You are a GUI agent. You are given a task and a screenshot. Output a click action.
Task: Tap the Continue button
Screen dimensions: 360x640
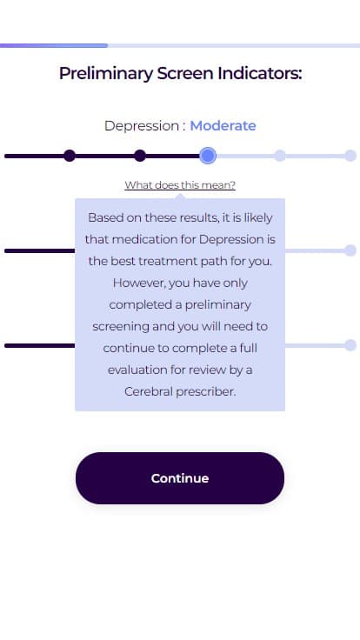point(180,478)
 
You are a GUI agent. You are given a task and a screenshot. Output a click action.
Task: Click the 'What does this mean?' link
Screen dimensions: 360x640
point(180,185)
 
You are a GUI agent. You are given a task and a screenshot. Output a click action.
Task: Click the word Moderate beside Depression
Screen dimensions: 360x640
point(223,126)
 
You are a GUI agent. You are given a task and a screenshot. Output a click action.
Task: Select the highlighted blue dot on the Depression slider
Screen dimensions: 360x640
point(208,156)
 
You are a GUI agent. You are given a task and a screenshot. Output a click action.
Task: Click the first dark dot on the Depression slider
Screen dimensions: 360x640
point(70,156)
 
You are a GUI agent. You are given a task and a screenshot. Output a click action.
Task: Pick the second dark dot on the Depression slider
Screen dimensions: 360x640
point(140,156)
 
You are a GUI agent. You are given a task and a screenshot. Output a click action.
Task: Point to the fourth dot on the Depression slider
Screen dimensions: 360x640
point(280,156)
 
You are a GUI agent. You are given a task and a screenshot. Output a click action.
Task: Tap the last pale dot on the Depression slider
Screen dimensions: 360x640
point(350,156)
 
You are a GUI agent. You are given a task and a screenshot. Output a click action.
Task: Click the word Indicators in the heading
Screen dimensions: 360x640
point(260,73)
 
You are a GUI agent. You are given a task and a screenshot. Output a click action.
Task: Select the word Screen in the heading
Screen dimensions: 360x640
point(185,73)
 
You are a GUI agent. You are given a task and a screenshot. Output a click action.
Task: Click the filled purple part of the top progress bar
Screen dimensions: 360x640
point(53,46)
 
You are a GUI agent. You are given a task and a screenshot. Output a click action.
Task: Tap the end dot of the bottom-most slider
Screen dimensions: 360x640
point(350,345)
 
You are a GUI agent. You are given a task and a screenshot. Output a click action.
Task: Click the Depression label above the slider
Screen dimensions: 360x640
point(142,126)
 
